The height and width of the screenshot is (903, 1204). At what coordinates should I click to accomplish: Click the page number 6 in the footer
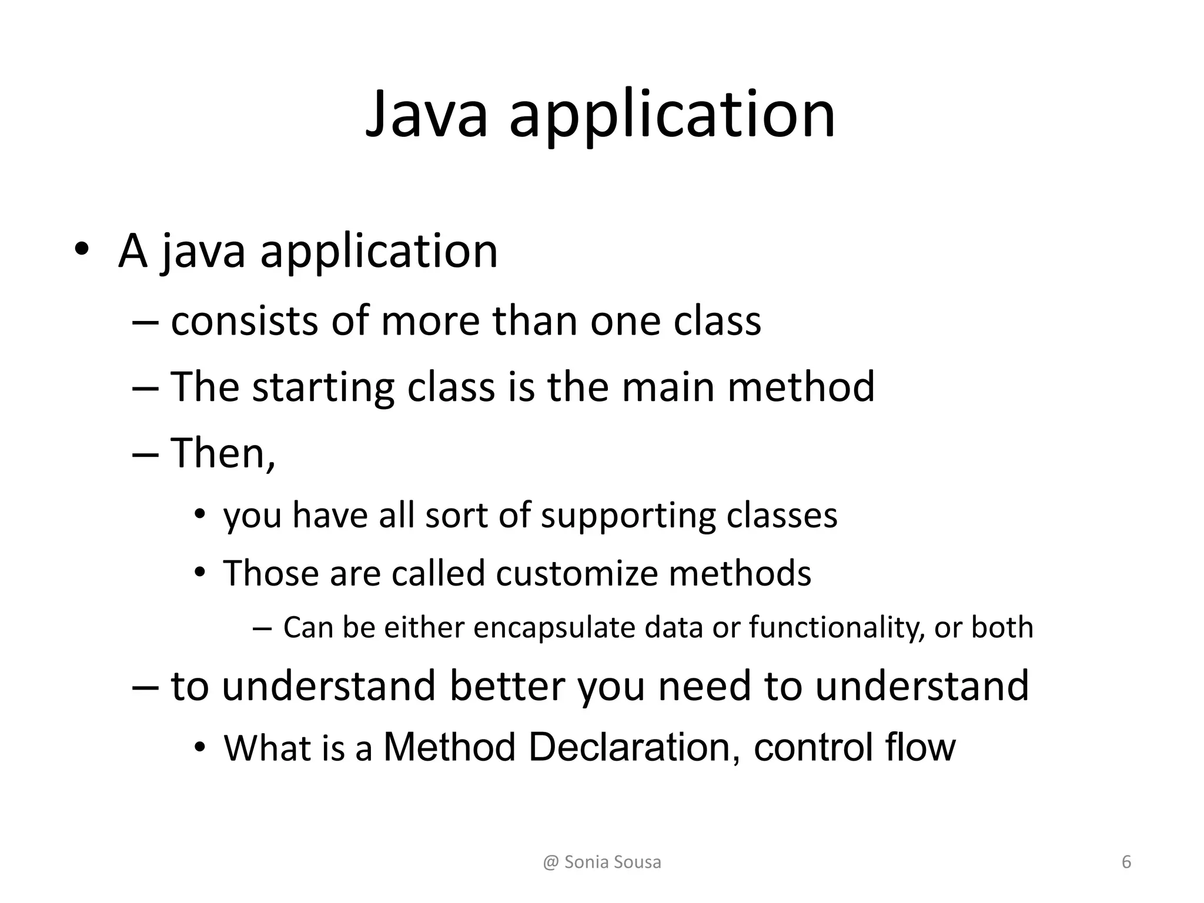[1126, 862]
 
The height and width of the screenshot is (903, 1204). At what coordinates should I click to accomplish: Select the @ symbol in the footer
[551, 862]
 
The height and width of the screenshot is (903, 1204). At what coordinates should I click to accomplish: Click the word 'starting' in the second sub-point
[323, 387]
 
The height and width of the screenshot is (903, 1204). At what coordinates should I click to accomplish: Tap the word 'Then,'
[223, 453]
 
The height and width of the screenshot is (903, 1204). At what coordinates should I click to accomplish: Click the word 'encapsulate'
[554, 627]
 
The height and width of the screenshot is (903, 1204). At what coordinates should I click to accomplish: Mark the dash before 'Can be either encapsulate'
[262, 628]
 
